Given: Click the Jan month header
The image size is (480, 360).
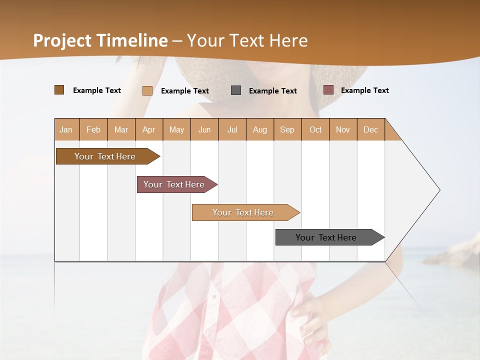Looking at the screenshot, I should [66, 129].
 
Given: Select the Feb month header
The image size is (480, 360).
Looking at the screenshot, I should [93, 129].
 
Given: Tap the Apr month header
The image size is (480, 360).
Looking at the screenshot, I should [148, 129].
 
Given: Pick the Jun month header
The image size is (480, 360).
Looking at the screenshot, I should [204, 129].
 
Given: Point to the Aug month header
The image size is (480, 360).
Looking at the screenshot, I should [259, 129].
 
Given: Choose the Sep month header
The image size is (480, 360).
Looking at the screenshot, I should [287, 129].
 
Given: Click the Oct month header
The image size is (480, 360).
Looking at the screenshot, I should [315, 129].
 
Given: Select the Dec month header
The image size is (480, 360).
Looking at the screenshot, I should [370, 129].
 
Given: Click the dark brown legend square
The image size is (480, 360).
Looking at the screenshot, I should [59, 90].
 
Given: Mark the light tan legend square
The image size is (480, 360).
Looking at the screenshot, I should [147, 90].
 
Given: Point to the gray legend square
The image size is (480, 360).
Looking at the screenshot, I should [236, 90].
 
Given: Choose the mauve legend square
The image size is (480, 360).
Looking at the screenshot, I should [328, 90].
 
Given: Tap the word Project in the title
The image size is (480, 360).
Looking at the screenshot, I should [63, 40].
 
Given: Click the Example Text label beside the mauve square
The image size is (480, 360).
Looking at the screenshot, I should [364, 90].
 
